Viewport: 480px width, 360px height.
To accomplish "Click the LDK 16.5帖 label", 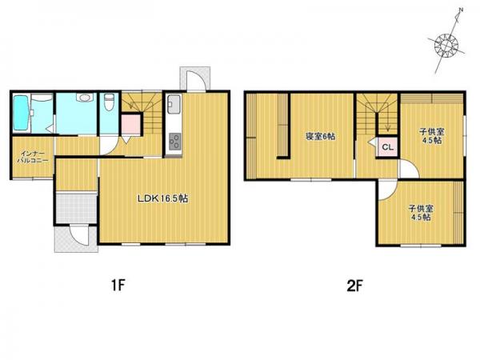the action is [162, 198].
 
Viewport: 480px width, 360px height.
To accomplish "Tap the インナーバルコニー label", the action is [33, 157].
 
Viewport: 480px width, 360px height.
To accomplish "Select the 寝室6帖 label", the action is [321, 137].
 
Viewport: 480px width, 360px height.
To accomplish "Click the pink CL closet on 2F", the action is [387, 147].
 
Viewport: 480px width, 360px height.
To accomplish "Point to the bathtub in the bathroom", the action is [21, 113].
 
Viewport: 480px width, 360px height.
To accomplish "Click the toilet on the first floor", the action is [109, 102].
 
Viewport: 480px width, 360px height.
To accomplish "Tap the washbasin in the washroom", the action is [84, 98].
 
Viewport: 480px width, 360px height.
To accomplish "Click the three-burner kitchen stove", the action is [174, 142].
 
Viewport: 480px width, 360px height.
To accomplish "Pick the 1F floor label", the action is [118, 286].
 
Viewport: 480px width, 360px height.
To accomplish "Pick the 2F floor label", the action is [354, 286].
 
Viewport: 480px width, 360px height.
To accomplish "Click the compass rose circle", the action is [446, 46].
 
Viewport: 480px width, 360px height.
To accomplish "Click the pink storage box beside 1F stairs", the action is [131, 124].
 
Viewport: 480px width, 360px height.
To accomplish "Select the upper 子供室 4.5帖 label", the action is [432, 136].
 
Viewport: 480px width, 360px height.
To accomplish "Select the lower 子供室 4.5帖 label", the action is [421, 213].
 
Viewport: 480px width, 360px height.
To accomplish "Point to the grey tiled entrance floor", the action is [76, 207].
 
